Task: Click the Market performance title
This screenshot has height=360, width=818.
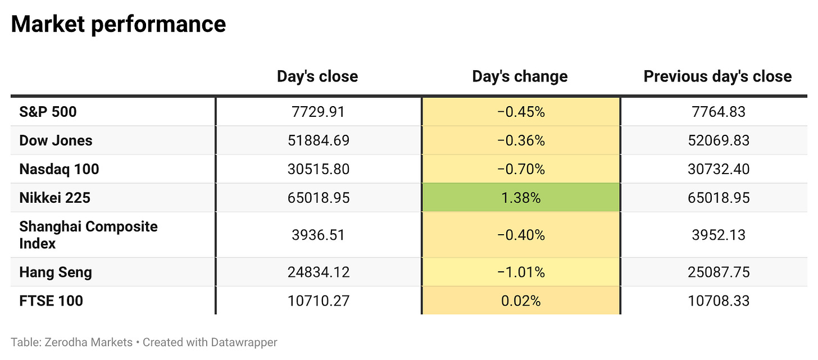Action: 119,25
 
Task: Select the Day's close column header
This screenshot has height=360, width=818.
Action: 317,76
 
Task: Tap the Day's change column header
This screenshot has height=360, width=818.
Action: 520,76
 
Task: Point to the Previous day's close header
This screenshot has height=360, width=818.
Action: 717,76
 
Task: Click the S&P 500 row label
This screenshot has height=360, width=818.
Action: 48,112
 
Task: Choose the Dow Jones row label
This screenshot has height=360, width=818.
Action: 56,140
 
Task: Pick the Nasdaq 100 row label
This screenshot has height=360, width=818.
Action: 59,169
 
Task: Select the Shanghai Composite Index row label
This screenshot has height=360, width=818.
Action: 88,235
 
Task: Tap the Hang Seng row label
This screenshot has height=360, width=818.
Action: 56,272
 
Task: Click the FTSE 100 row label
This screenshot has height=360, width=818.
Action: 51,301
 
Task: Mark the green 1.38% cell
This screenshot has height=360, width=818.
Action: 521,198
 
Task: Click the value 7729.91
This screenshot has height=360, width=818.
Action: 318,112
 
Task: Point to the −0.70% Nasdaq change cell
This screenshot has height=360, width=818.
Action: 521,169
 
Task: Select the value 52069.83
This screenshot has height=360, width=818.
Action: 719,140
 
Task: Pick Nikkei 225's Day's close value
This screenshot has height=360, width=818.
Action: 318,198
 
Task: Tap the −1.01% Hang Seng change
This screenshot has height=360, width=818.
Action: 521,272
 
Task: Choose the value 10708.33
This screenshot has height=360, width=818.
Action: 719,301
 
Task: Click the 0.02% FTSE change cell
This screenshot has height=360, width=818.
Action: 521,300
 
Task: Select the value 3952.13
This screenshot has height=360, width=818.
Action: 719,235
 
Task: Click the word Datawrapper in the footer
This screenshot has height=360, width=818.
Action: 244,343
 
